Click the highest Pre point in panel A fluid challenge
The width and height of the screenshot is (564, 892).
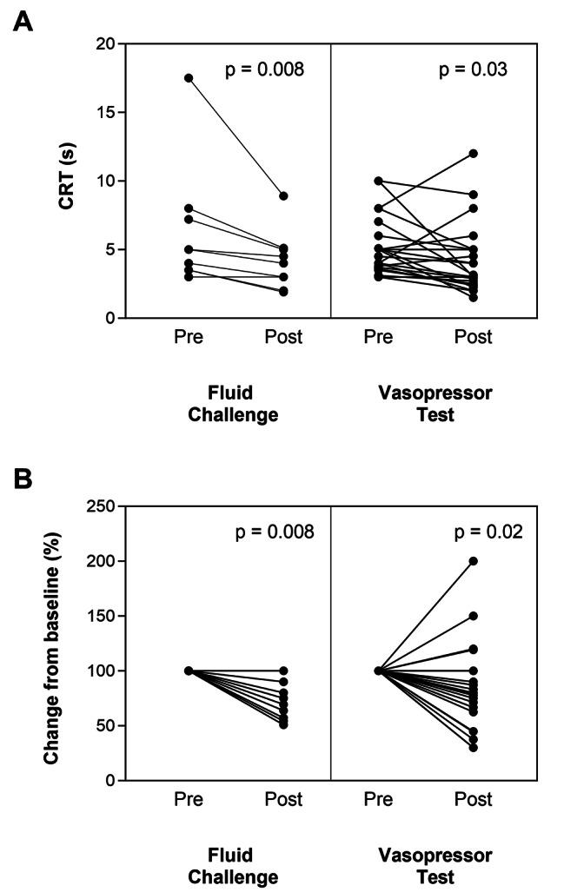(x=189, y=78)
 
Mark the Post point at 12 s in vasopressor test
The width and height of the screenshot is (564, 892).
(x=473, y=154)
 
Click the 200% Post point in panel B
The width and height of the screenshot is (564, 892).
(x=473, y=561)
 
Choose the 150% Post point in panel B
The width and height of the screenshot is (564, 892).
(x=473, y=616)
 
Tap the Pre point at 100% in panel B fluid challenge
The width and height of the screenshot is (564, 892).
(x=189, y=671)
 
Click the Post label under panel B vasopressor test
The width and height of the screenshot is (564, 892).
(x=473, y=799)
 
